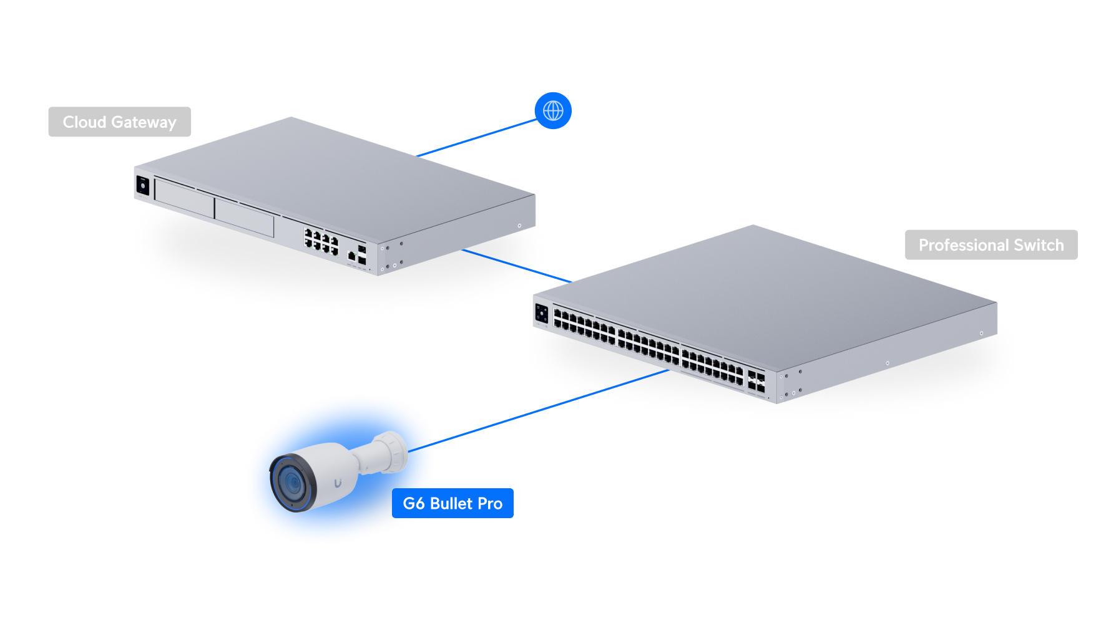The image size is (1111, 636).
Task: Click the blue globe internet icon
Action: [553, 110]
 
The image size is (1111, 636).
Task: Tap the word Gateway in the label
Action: [144, 123]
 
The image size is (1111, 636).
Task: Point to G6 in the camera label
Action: [414, 504]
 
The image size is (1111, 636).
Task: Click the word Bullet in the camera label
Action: [451, 504]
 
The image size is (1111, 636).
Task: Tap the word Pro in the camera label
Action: [490, 504]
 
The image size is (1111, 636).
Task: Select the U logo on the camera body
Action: [338, 483]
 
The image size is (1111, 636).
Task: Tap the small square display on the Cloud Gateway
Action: [142, 186]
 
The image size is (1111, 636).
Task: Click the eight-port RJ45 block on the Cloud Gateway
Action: [321, 241]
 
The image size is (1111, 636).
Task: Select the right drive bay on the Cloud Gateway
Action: [244, 218]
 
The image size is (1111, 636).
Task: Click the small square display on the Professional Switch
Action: [541, 314]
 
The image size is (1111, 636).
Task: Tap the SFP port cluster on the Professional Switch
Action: [756, 382]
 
